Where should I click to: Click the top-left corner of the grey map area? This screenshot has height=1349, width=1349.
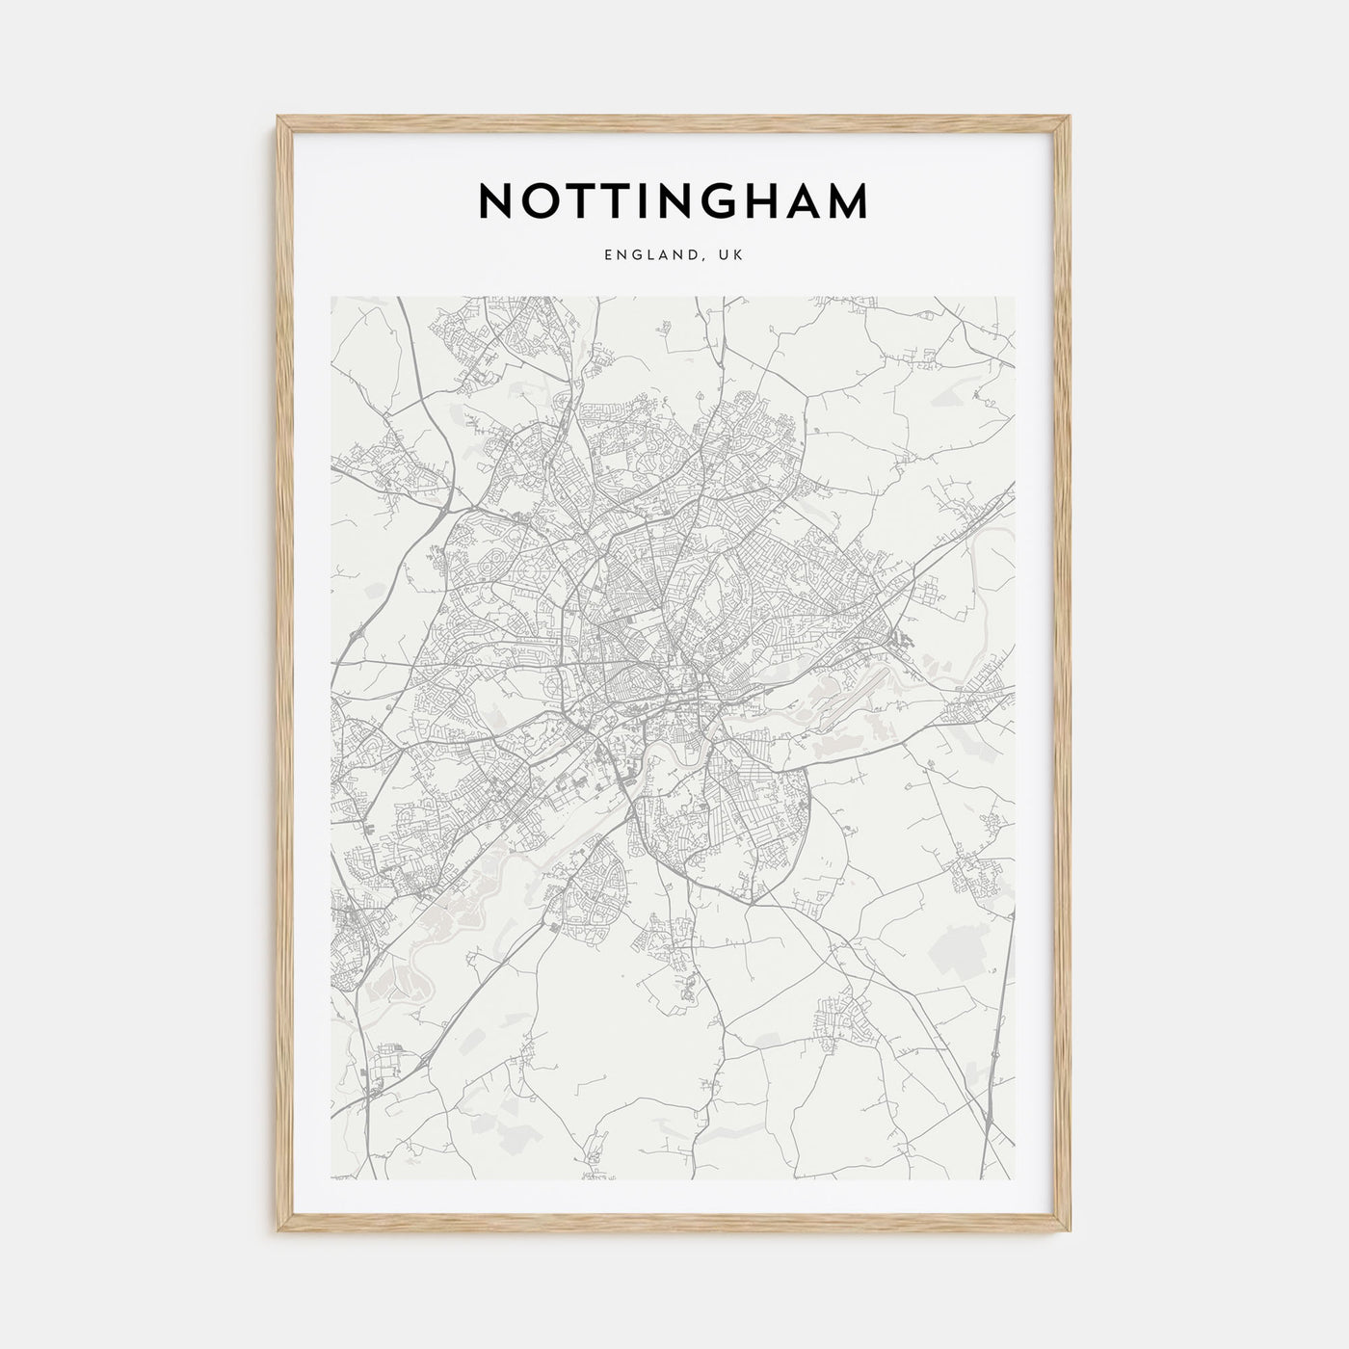click(x=331, y=297)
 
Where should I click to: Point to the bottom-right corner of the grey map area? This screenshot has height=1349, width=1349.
click(x=1016, y=1180)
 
